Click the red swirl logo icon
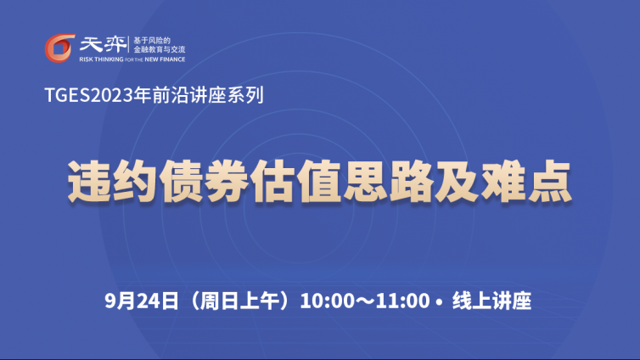pos(59,48)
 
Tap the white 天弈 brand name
pos(104,44)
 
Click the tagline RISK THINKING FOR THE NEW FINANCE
pos(132,59)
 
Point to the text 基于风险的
pos(152,41)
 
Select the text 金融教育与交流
pos(160,49)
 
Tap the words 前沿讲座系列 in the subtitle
pos(208,95)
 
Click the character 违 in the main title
pos(89,181)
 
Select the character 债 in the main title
pos(182,181)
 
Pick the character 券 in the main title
pos(227,181)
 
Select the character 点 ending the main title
pos(550,181)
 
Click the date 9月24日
pos(142,301)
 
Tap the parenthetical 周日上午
pos(240,301)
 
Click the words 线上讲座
pos(491,301)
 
